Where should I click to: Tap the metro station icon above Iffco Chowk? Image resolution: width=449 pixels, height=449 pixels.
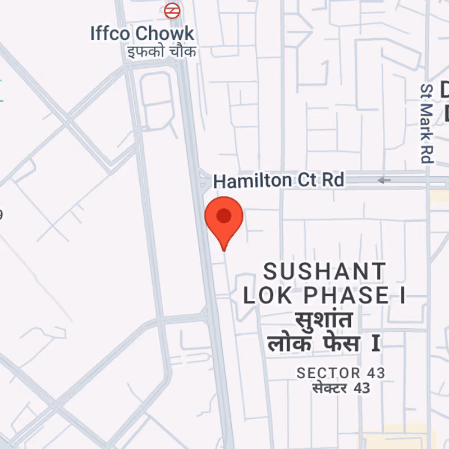tap(172, 10)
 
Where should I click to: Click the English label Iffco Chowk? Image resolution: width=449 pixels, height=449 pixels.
tap(143, 33)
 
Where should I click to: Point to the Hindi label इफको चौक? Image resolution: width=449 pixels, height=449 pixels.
tap(161, 52)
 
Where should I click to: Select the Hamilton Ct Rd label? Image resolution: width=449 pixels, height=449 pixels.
tap(278, 181)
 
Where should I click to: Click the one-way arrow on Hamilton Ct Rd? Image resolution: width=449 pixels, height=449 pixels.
tap(384, 180)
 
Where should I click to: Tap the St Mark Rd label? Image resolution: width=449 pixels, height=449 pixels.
tap(428, 123)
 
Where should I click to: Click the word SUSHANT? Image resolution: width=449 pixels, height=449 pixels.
tap(325, 272)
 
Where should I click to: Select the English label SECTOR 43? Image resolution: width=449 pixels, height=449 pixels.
tap(341, 373)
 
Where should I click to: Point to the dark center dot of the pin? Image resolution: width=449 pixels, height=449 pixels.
tap(224, 216)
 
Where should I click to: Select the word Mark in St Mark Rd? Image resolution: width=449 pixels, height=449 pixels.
tap(428, 121)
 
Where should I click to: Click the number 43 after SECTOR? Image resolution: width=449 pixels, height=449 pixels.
tap(375, 373)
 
